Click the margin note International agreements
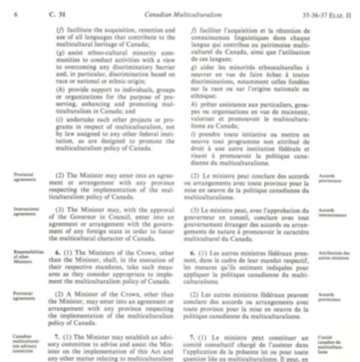(x=25, y=212)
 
